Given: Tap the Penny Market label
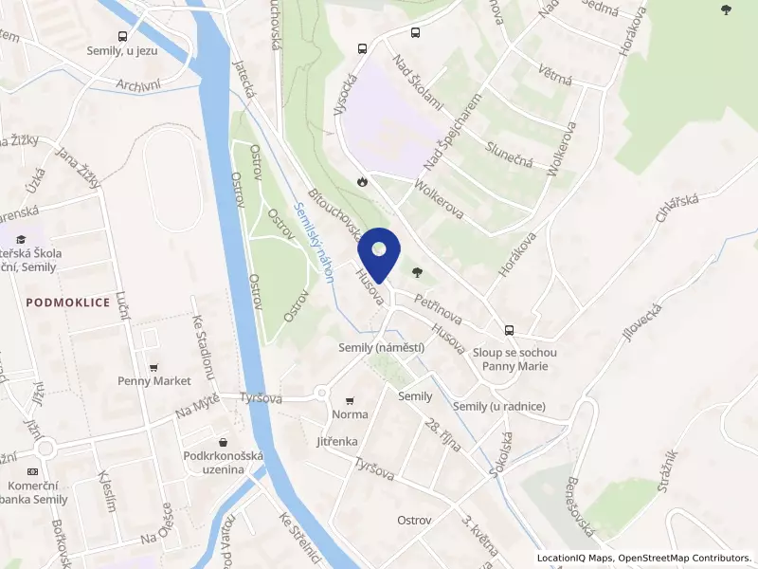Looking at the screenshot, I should click(x=153, y=381).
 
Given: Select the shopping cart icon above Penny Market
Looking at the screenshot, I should click(x=153, y=367).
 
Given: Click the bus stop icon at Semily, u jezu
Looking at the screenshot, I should click(x=121, y=36).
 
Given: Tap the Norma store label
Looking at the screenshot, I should click(x=350, y=415).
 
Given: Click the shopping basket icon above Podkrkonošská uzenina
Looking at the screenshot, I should click(x=223, y=442).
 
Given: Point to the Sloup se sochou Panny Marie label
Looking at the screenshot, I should click(x=514, y=359).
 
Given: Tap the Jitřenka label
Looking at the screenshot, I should click(x=337, y=442).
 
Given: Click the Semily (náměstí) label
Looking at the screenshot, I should click(x=381, y=348).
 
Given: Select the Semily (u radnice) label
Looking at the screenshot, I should click(x=499, y=407).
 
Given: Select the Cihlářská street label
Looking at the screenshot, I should click(x=676, y=210).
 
